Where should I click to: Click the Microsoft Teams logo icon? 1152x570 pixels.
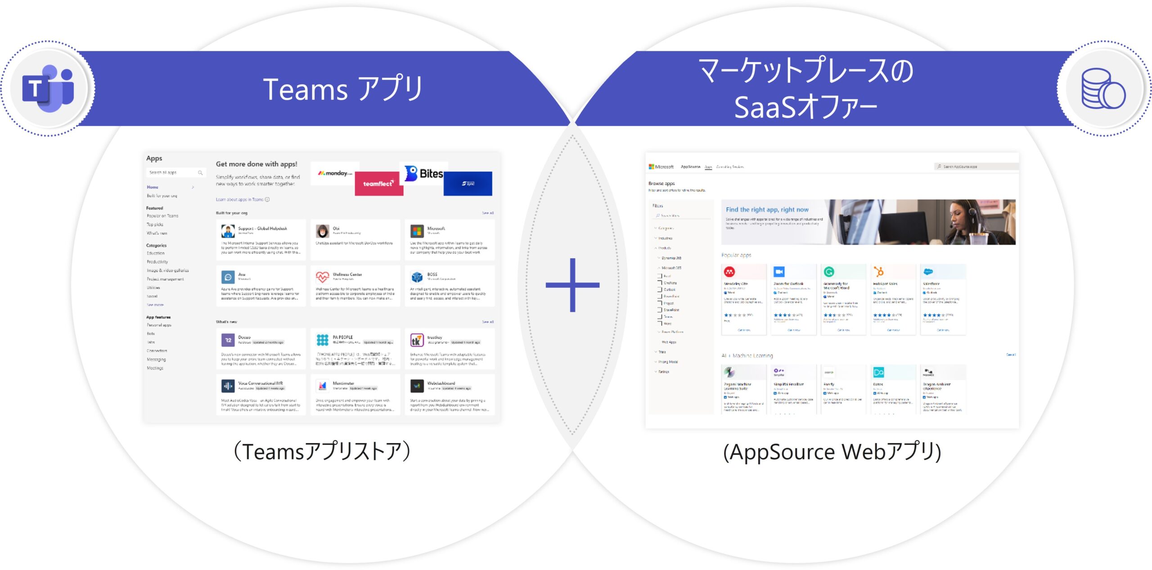coord(48,88)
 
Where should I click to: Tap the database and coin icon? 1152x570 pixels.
coord(1103,89)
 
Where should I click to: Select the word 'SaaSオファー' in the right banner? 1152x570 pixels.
coord(805,107)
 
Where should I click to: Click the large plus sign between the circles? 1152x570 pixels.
coord(572,285)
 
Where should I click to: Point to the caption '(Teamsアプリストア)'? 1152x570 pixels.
coord(322,451)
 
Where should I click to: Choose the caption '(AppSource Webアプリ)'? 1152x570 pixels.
coord(832,452)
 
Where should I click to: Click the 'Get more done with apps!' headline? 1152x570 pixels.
coord(256,164)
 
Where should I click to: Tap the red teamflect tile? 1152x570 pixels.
coord(378,184)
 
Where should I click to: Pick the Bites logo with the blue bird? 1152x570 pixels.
coord(423,173)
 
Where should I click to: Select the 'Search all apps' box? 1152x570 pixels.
coord(175,173)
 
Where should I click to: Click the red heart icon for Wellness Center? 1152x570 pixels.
coord(322,277)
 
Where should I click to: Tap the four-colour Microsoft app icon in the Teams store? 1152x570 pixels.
coord(417,231)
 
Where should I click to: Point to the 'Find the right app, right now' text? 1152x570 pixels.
coord(767,210)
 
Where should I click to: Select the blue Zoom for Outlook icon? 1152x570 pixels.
coord(779,272)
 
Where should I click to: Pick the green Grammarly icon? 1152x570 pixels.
coord(829,272)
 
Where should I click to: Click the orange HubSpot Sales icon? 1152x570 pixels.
coord(878,272)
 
